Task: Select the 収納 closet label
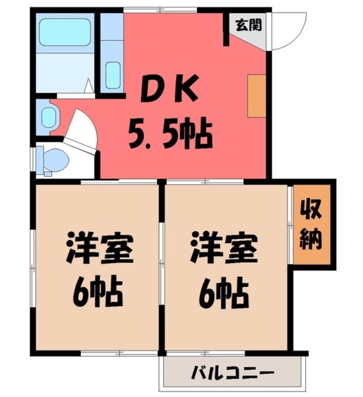311,225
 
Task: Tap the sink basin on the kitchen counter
113,75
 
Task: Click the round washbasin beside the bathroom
48,118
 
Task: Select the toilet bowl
56,160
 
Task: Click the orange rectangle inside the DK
257,96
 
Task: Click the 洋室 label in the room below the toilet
100,249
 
